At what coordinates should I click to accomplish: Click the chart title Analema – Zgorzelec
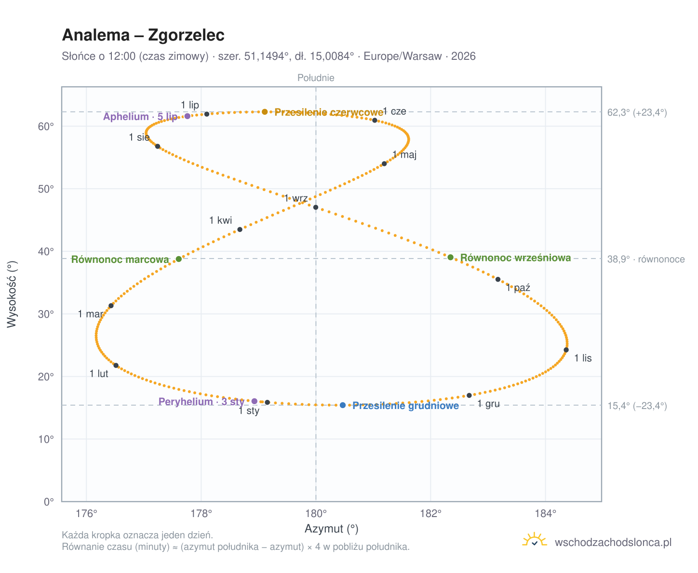[143, 35]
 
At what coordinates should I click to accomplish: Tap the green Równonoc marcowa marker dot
[178, 259]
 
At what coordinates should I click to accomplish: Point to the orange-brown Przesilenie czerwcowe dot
[264, 111]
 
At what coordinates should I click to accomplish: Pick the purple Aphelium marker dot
[187, 116]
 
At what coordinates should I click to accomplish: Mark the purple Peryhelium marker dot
[254, 401]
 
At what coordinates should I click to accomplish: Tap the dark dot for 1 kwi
[240, 229]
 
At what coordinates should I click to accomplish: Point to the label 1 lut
[99, 373]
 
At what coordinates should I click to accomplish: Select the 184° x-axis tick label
[545, 513]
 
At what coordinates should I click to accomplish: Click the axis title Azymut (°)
[331, 528]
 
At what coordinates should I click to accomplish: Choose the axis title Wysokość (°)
[12, 294]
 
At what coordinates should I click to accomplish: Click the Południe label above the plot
[315, 78]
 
